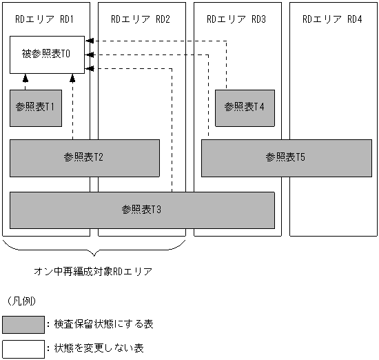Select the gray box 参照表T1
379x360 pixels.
tap(35, 108)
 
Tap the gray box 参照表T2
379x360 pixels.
tap(84, 158)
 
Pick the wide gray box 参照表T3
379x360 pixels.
tap(142, 209)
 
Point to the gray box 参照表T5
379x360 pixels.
tap(285, 158)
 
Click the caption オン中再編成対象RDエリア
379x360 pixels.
tap(93, 272)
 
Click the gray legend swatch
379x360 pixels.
tap(21, 324)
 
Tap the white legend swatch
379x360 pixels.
tap(21, 348)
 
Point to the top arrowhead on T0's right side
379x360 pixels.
tap(89, 42)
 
